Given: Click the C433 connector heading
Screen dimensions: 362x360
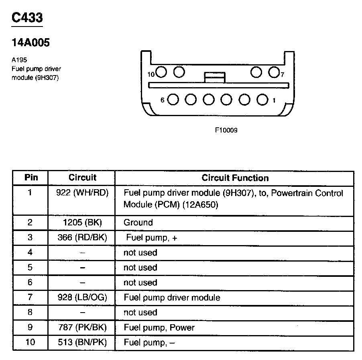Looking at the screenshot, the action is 27,18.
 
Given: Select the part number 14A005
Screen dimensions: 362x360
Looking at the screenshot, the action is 31,43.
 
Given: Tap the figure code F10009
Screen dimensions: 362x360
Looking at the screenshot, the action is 226,130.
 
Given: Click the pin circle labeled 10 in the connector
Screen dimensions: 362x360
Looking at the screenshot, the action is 161,72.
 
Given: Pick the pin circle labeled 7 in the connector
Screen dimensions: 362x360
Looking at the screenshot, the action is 274,72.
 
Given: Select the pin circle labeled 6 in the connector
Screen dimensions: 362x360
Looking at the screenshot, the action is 173,99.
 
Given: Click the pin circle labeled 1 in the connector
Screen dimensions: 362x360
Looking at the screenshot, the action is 262,99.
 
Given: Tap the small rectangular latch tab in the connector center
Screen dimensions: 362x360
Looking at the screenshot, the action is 214,77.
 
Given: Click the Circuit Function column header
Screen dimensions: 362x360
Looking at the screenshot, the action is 235,178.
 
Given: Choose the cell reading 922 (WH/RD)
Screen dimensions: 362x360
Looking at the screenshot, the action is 82,193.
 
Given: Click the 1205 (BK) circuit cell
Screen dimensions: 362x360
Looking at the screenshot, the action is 82,223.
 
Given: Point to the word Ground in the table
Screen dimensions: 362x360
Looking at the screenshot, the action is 138,223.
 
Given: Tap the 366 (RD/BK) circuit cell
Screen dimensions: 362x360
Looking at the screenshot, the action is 82,237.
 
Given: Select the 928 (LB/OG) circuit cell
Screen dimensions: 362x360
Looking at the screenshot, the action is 82,298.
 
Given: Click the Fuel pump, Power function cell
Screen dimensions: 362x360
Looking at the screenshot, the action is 159,327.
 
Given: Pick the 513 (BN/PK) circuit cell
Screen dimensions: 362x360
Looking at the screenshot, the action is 82,343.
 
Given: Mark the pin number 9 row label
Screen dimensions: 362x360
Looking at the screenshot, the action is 30,327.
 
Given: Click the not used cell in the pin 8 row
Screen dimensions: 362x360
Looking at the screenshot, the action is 140,313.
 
